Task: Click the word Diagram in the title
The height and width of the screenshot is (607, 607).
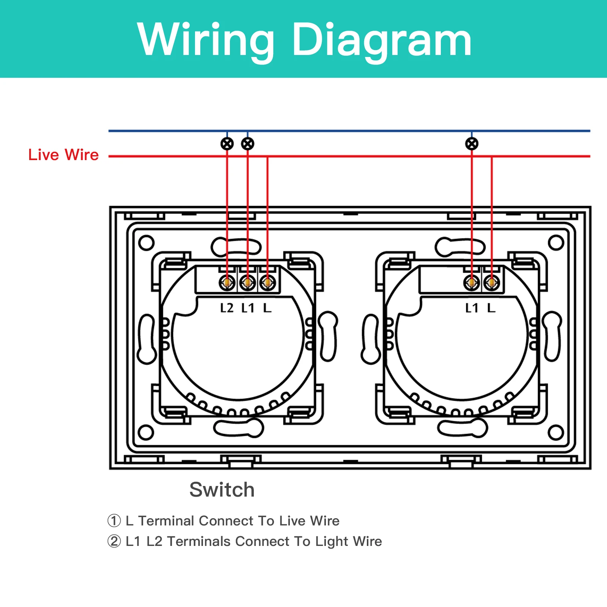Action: click(382, 40)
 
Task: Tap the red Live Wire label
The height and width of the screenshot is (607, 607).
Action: click(63, 155)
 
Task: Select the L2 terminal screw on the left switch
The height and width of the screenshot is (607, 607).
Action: click(227, 283)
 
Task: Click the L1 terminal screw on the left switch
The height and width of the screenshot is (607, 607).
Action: click(247, 283)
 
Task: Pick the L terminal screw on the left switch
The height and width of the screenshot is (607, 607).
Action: click(267, 283)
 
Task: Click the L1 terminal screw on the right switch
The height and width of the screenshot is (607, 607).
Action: click(472, 283)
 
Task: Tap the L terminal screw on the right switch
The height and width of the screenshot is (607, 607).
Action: click(492, 283)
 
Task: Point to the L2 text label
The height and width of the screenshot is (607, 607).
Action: click(227, 308)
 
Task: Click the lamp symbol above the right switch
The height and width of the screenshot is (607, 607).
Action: click(472, 144)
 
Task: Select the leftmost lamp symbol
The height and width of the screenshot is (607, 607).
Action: click(227, 144)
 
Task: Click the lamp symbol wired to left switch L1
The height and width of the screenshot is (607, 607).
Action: click(248, 144)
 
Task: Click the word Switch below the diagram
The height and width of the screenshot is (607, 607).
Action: click(222, 489)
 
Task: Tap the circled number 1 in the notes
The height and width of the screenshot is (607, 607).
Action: click(114, 521)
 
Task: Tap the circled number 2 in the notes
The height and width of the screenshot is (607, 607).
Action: click(114, 541)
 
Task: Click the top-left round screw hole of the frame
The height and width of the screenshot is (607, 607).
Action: click(146, 243)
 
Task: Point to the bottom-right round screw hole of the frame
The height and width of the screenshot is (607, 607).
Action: click(556, 432)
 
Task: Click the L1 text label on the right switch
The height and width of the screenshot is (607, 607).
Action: click(472, 308)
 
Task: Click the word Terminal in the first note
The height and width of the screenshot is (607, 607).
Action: click(167, 521)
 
